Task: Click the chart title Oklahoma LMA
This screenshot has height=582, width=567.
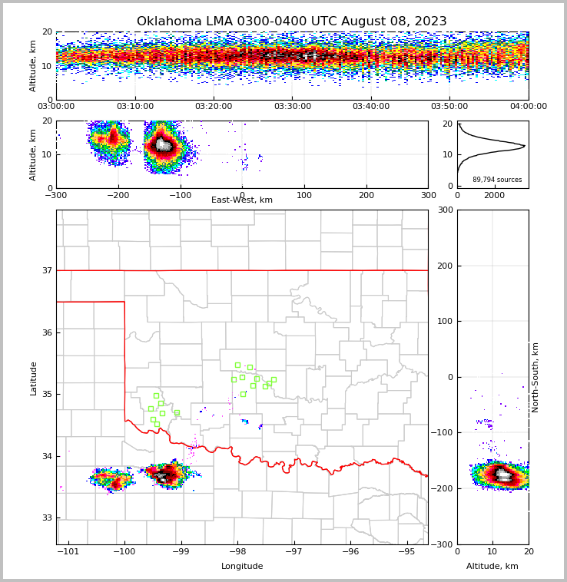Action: [291, 21]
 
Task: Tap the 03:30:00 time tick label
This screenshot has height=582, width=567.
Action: [292, 107]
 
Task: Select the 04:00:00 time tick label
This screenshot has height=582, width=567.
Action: [528, 107]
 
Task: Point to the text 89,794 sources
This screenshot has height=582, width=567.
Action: [497, 180]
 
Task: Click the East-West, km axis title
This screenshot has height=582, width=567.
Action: [242, 200]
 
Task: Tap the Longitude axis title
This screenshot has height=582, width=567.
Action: [242, 567]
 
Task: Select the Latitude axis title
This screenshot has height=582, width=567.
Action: [34, 378]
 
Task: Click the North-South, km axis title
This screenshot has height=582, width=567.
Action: [535, 377]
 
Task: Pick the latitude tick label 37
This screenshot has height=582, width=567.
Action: [47, 270]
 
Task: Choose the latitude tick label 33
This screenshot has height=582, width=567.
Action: [47, 518]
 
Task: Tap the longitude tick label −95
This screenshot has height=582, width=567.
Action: [406, 551]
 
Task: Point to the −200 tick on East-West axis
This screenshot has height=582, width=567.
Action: [118, 195]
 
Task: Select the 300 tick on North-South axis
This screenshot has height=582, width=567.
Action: [443, 210]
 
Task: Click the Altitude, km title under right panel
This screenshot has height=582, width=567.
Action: [492, 567]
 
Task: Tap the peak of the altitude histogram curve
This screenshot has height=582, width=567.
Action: [525, 145]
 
